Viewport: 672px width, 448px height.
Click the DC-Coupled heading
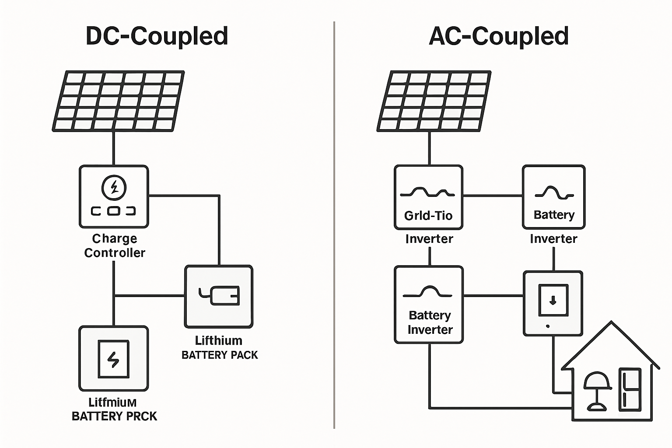[x=157, y=36]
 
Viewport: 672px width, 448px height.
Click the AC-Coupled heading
[x=499, y=36]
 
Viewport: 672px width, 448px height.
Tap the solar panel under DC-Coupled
[x=118, y=101]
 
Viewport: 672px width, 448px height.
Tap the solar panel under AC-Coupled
[x=434, y=101]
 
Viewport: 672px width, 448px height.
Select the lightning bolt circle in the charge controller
[x=114, y=188]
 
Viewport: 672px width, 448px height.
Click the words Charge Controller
[x=115, y=245]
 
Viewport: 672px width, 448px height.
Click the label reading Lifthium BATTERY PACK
[x=219, y=348]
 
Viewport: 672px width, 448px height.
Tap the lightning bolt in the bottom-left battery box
[x=113, y=359]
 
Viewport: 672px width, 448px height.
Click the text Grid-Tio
[x=428, y=216]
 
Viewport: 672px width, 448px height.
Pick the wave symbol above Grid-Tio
[x=428, y=192]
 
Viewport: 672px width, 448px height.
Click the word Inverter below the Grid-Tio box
[x=429, y=239]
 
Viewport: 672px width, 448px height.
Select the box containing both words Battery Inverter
[x=429, y=304]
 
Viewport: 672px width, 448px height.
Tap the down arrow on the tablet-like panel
[x=553, y=300]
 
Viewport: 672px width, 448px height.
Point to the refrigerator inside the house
[x=630, y=389]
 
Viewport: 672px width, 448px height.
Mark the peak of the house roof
[x=611, y=322]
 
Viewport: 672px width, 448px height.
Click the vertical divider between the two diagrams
[x=334, y=224]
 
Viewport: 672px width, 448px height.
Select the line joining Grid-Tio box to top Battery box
[x=493, y=195]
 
